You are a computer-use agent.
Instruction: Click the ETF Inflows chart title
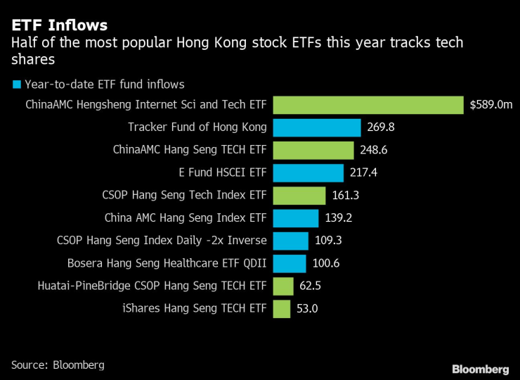59,25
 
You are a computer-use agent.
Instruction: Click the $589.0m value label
491,105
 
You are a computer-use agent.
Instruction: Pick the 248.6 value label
374,150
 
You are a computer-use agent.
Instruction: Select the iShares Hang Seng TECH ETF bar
281,308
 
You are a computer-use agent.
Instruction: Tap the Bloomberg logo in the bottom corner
480,369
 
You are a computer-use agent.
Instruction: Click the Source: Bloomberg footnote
58,365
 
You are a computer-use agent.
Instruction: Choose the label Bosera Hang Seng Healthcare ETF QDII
167,263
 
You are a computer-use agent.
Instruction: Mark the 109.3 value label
328,241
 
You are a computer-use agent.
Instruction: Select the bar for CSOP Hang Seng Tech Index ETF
299,195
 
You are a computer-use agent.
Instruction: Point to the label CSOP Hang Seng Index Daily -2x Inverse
162,241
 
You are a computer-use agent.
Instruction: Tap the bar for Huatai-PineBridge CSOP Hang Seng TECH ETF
282,286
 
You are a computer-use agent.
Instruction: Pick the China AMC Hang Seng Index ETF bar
295,218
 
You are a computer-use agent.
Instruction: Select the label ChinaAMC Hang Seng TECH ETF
190,150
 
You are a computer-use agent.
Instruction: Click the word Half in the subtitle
23,44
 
